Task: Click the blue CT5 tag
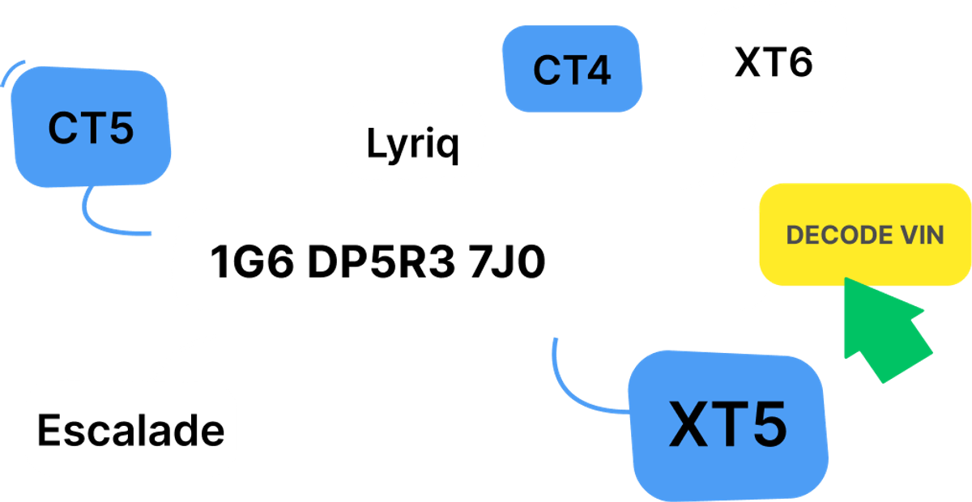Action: click(91, 127)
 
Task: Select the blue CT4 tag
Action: click(572, 70)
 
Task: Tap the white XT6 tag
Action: click(774, 62)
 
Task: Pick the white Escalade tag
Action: click(130, 430)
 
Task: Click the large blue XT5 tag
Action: click(727, 426)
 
